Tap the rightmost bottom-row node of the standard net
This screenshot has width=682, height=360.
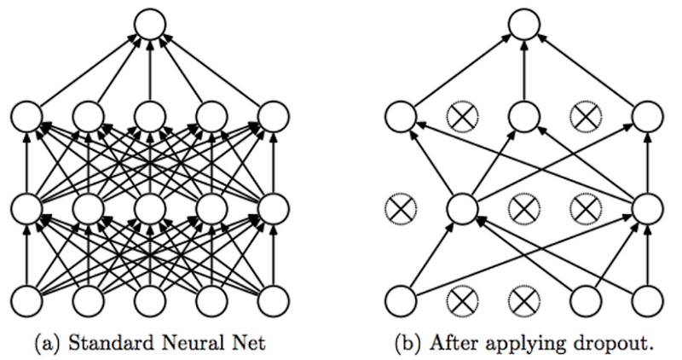pyautogui.click(x=273, y=300)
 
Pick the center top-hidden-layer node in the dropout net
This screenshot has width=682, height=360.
pyautogui.click(x=524, y=117)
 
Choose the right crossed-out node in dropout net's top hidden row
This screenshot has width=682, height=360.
pyautogui.click(x=587, y=117)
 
